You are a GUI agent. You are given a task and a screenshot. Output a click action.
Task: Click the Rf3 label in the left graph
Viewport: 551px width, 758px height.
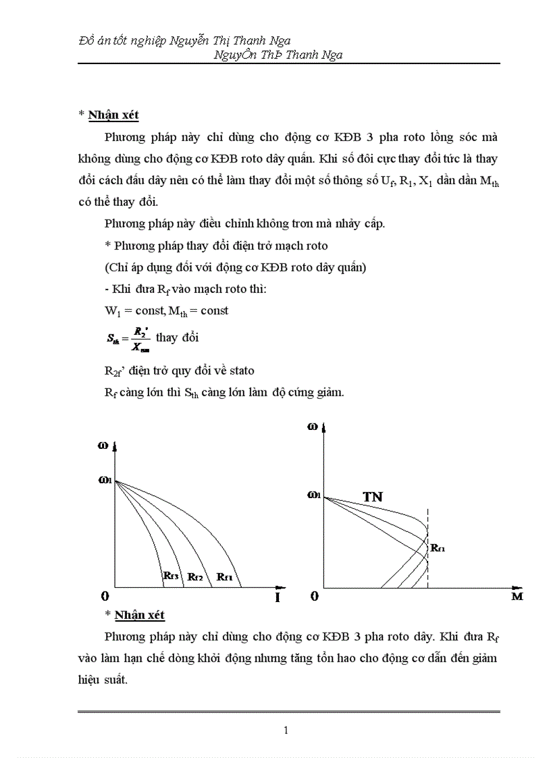(x=171, y=576)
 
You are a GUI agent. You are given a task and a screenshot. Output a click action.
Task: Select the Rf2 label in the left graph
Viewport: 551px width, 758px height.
(x=196, y=576)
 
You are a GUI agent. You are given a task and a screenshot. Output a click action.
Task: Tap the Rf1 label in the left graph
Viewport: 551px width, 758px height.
(x=225, y=576)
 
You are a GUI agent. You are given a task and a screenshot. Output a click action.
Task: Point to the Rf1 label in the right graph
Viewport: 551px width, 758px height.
(x=438, y=548)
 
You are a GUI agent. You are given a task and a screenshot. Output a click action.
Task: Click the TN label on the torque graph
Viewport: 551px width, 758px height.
(x=373, y=497)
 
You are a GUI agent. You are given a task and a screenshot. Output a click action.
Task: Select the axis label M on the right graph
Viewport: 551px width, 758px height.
(x=517, y=597)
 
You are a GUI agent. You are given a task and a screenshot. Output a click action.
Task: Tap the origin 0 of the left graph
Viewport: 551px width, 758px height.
(x=105, y=597)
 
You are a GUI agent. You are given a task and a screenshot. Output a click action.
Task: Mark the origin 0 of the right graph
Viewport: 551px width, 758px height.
(x=314, y=597)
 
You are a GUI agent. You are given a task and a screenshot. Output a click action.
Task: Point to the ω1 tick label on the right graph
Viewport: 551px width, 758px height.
(x=313, y=495)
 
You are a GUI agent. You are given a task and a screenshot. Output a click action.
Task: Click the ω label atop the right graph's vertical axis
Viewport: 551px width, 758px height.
(x=312, y=426)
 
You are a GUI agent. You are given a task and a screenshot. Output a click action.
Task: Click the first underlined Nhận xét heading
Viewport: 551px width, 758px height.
(x=113, y=115)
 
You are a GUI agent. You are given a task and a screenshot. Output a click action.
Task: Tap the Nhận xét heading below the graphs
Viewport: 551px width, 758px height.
(x=140, y=615)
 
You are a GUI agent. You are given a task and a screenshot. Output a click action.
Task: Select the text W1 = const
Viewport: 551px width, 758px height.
(x=127, y=311)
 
